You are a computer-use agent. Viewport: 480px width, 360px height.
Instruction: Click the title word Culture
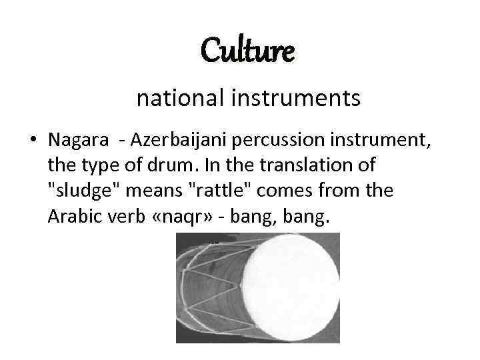[x=247, y=51]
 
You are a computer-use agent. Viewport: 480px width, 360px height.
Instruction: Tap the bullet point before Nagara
[x=33, y=141]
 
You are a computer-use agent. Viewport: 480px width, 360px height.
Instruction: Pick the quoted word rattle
[x=215, y=191]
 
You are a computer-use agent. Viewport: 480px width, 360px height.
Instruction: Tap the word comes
[x=277, y=191]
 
